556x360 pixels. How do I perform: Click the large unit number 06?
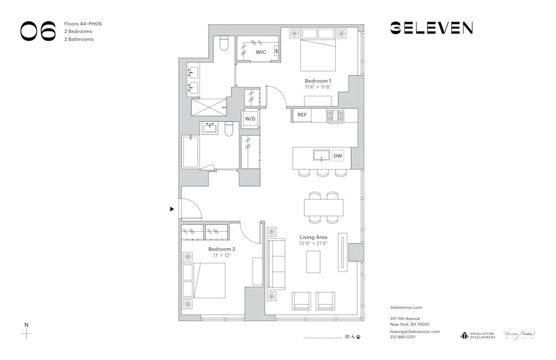(38, 31)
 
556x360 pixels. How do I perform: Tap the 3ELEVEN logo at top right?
(431, 28)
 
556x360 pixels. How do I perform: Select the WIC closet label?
(261, 52)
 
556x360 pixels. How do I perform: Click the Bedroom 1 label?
(318, 81)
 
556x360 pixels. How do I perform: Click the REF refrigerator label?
(302, 115)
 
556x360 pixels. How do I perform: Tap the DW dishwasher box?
(337, 156)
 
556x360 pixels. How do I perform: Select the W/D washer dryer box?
(249, 119)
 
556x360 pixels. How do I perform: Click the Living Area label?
(313, 237)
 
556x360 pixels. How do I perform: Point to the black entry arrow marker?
(172, 209)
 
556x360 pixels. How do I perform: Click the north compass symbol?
(26, 334)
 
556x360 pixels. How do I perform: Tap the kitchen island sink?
(321, 155)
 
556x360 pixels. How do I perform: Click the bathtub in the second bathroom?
(190, 151)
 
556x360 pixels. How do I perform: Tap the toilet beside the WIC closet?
(224, 43)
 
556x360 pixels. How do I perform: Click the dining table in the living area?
(323, 208)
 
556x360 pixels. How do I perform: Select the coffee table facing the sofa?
(314, 262)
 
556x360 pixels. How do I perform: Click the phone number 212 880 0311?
(403, 337)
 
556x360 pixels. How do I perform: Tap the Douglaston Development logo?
(477, 335)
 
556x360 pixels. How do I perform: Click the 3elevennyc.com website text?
(406, 307)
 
